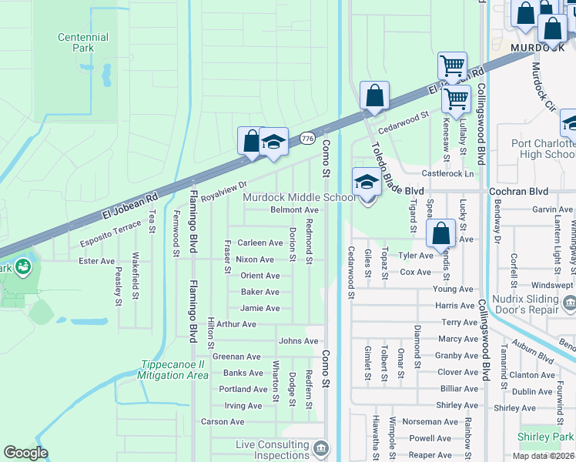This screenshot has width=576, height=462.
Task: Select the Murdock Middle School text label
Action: pyautogui.click(x=299, y=197)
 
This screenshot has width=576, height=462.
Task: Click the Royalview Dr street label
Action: pyautogui.click(x=223, y=190)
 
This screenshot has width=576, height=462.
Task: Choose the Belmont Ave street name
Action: pyautogui.click(x=294, y=209)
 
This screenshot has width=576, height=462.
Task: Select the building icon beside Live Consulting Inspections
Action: pyautogui.click(x=320, y=447)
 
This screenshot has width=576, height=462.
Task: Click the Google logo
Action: pyautogui.click(x=25, y=453)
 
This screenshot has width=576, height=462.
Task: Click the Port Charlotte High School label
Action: pyautogui.click(x=544, y=149)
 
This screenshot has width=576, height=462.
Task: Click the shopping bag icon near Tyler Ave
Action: pyautogui.click(x=440, y=233)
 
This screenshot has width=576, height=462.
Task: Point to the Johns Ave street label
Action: pyautogui.click(x=298, y=340)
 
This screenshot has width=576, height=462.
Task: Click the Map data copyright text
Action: pyautogui.click(x=543, y=456)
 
